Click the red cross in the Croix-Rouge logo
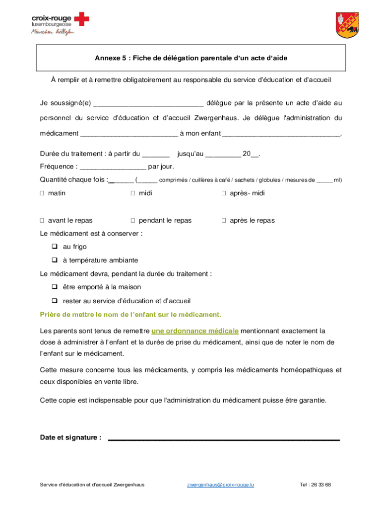(x=82, y=20)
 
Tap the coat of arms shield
(x=347, y=25)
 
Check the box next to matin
(x=42, y=193)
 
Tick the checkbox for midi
(x=133, y=193)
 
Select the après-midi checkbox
(x=224, y=193)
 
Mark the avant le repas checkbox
(x=42, y=221)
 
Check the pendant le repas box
(x=133, y=221)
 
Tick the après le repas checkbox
(x=224, y=221)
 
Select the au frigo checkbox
(x=54, y=247)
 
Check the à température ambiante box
(x=54, y=260)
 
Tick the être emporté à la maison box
(x=54, y=287)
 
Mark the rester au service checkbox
(x=54, y=301)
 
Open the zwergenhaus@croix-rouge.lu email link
(x=220, y=485)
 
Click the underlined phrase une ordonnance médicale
(x=195, y=331)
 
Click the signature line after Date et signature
(x=223, y=439)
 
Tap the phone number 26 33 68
(x=322, y=485)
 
